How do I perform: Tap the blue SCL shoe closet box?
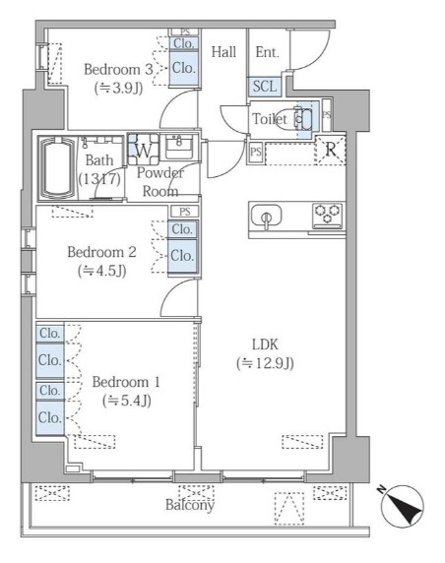click(264, 86)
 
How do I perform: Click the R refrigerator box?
click(332, 151)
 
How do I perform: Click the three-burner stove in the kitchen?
click(328, 215)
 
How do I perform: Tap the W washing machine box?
click(142, 152)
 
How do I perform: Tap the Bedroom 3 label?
click(118, 69)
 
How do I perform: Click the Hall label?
click(222, 52)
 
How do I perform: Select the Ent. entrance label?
click(266, 52)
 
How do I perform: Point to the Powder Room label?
click(159, 182)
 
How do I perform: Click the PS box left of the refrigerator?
click(256, 152)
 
